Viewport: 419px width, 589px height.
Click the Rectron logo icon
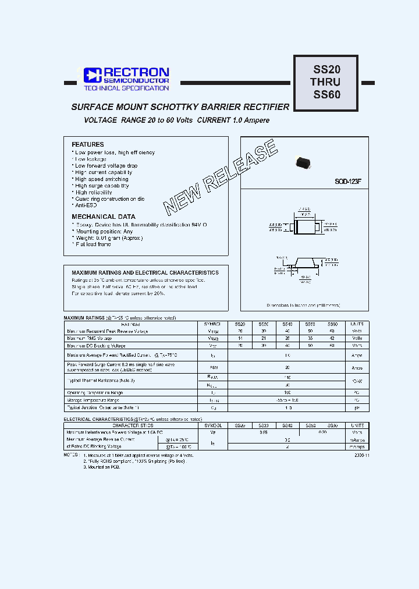[93, 75]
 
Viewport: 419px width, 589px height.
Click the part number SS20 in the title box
[326, 69]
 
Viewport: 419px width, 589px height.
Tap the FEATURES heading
[88, 144]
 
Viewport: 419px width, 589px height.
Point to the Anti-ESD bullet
[86, 205]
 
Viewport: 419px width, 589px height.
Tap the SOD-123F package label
[348, 182]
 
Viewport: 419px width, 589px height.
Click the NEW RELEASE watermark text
[220, 178]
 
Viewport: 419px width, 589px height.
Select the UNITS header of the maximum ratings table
[356, 324]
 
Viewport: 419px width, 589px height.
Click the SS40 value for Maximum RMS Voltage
[286, 338]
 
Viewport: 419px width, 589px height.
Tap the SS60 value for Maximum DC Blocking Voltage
[332, 346]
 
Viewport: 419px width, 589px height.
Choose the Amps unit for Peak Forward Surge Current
[356, 368]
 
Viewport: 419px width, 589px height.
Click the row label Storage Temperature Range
[93, 400]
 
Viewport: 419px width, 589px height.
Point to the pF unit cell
[356, 408]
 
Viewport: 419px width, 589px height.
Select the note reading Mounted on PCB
[102, 467]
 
